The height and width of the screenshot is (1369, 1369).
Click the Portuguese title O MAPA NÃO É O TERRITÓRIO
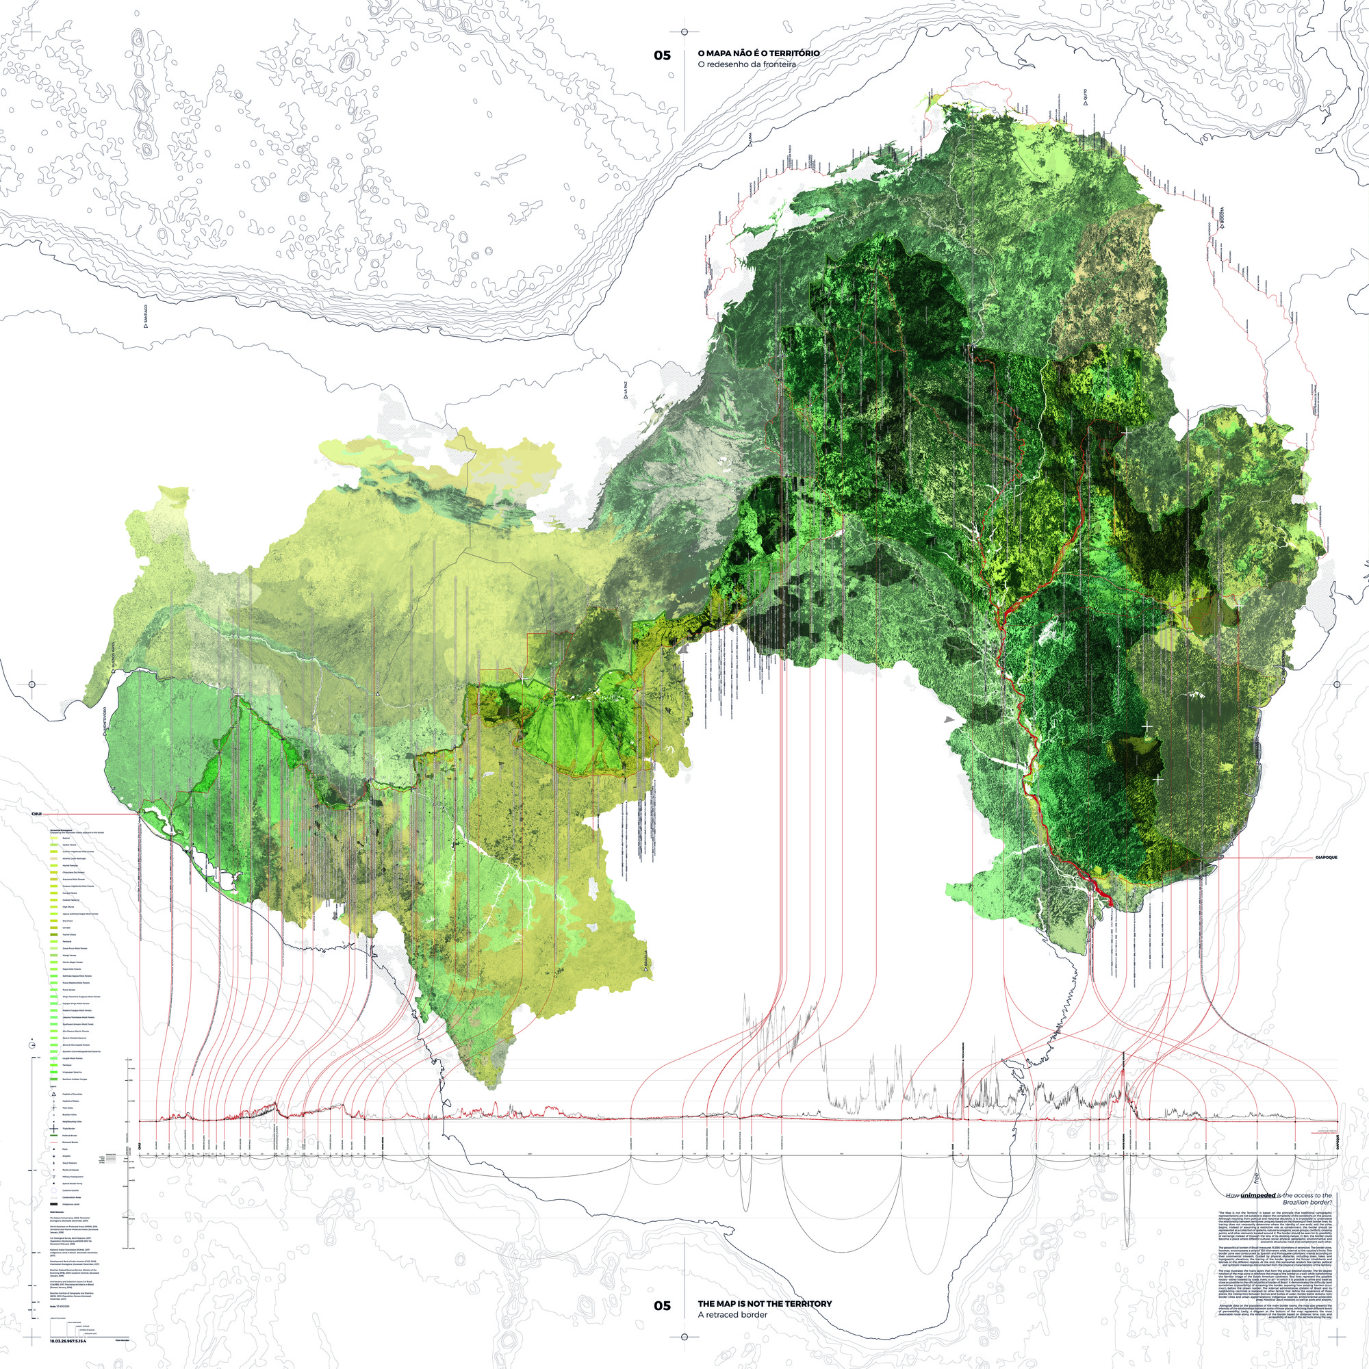coord(758,53)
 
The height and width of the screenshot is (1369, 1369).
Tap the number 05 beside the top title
coord(662,55)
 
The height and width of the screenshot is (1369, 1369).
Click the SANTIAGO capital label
coord(146,315)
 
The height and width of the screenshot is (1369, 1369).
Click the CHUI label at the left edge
coord(38,814)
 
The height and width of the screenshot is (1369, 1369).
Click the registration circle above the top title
coord(684,32)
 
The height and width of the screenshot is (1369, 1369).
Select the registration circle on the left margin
coord(32,684)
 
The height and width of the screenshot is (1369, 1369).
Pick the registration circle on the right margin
coord(1337,684)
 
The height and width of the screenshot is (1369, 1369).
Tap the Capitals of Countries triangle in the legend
coord(54,1094)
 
